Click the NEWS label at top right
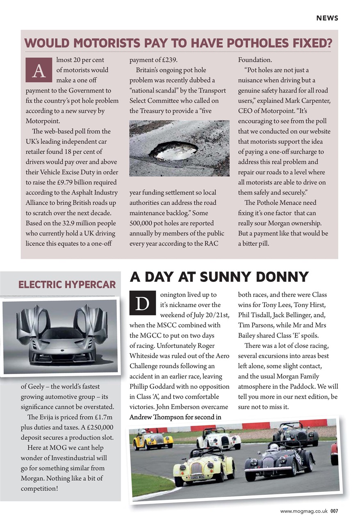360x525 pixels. click(327, 18)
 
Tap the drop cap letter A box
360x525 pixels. click(39, 70)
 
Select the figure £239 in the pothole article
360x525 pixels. click(169, 60)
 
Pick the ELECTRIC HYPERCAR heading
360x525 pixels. click(67, 284)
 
